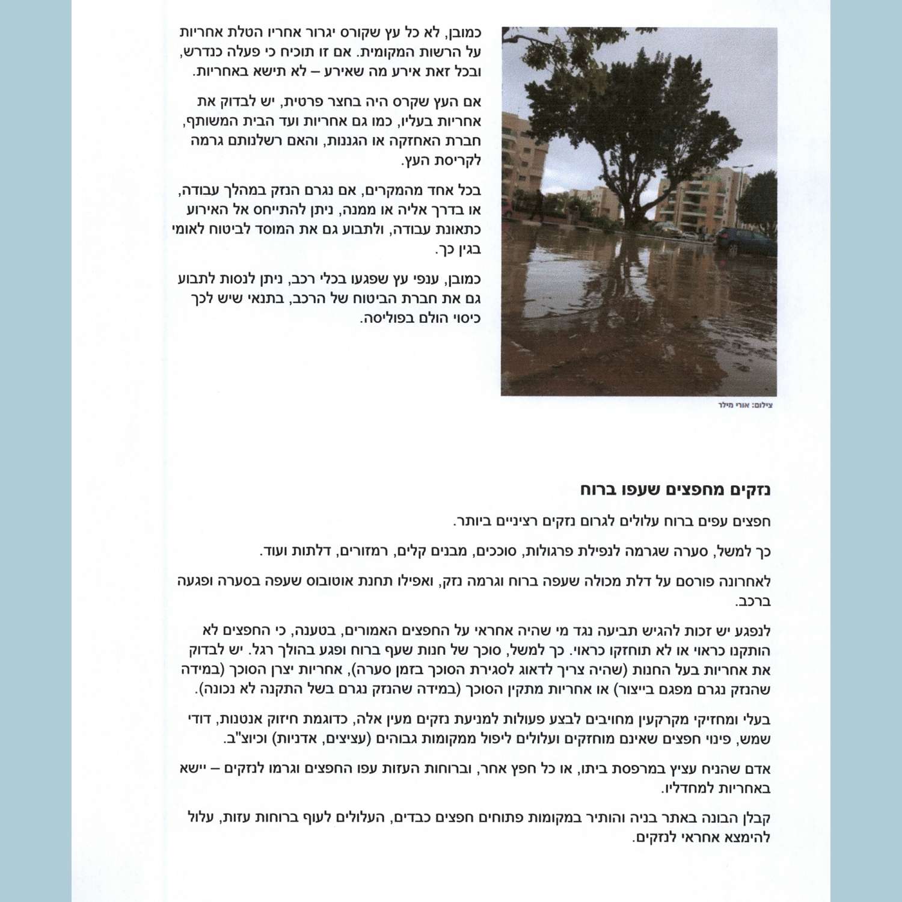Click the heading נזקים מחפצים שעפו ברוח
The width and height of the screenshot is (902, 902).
[675, 489]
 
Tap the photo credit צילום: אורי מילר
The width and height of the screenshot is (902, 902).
[745, 405]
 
